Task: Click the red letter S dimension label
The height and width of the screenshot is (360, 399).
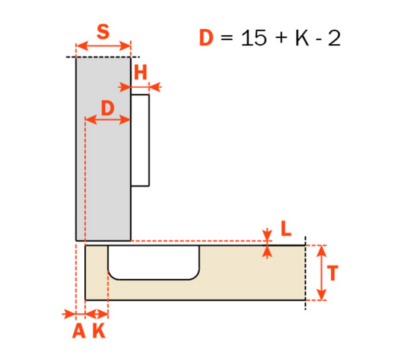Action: (104, 33)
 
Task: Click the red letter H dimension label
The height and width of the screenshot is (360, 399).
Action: (141, 72)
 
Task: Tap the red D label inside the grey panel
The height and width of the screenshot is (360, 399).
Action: (107, 107)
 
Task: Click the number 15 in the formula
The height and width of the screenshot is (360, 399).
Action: (254, 38)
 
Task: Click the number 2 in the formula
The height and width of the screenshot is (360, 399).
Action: (333, 38)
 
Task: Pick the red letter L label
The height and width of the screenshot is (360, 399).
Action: (286, 230)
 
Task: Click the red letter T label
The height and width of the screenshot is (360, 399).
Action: (333, 274)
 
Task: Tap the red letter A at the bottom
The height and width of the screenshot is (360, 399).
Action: (78, 332)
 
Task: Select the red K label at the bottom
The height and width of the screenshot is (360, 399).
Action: (98, 332)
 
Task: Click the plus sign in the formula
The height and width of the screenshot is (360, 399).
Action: (280, 39)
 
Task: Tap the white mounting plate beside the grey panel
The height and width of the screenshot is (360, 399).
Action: (141, 139)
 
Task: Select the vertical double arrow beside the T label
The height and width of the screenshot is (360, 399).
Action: (320, 273)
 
